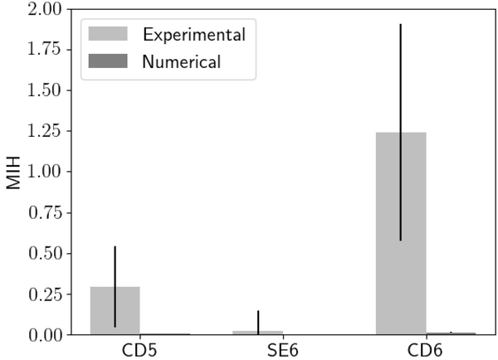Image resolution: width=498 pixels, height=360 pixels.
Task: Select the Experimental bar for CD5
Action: [115, 311]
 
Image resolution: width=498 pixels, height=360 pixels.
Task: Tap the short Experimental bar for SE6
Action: [257, 332]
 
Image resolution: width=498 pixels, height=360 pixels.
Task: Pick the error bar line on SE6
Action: [258, 320]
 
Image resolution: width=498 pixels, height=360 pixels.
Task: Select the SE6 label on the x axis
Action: [258, 348]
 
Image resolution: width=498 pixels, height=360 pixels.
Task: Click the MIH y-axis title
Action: [14, 172]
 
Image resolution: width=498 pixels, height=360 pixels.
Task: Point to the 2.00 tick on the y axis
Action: [44, 9]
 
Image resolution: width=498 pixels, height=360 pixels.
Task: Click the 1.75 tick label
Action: [44, 50]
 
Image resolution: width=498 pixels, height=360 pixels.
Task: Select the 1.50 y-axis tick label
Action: [44, 90]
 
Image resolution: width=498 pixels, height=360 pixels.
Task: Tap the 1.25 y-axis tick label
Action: [44, 131]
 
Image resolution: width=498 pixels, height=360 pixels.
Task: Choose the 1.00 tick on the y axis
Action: [44, 172]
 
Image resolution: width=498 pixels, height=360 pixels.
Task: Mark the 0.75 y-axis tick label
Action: [44, 212]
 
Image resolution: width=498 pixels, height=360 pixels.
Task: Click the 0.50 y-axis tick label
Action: [44, 253]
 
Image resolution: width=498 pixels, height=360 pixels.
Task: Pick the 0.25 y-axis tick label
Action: [44, 294]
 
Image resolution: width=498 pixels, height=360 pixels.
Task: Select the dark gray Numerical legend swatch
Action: [108, 61]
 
